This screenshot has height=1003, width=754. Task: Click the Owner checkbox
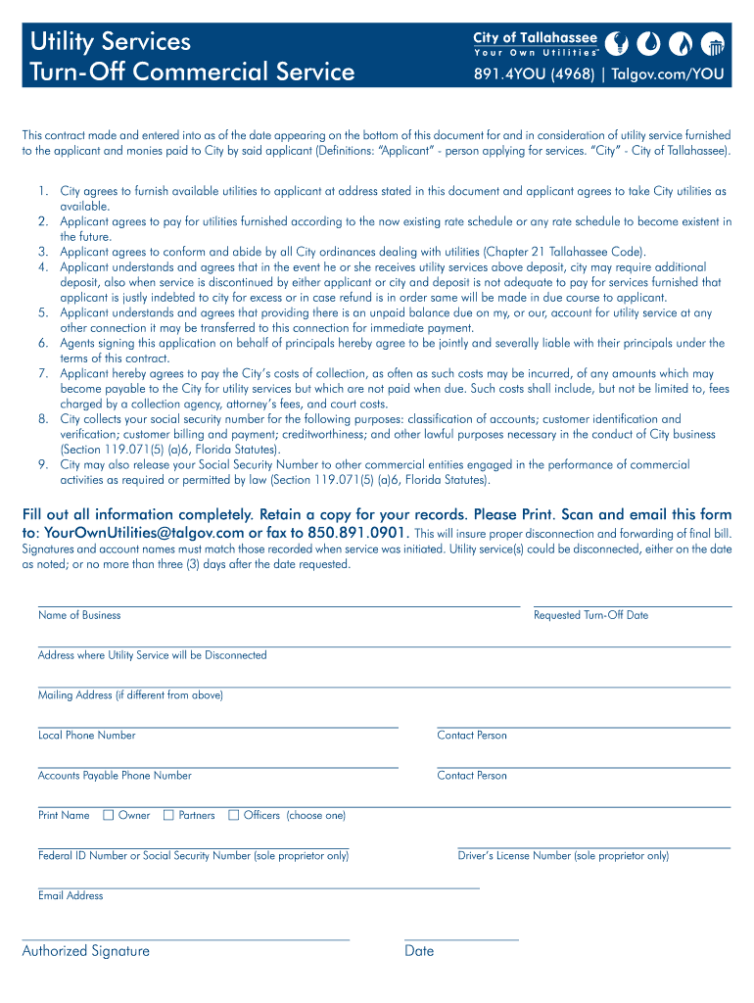click(109, 815)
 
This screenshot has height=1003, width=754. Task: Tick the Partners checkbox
click(168, 815)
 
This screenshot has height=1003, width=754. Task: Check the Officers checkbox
click(234, 815)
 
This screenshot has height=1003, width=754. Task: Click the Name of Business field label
click(79, 615)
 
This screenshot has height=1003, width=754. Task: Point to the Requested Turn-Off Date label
click(590, 615)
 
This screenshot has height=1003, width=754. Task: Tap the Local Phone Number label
click(86, 735)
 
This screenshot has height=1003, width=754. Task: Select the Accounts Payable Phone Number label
click(115, 775)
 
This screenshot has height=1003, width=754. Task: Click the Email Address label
click(71, 895)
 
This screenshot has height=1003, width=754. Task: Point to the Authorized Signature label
click(86, 950)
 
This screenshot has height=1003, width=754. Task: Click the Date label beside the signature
click(419, 950)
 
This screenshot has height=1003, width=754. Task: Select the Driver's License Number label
click(563, 855)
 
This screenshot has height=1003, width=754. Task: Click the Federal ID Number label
click(193, 855)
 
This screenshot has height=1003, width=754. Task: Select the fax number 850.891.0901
click(357, 533)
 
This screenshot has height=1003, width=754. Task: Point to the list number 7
click(44, 373)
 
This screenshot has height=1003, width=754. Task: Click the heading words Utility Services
click(110, 41)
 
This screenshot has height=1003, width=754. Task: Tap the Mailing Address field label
click(130, 694)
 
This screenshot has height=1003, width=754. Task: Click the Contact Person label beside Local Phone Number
click(472, 735)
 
